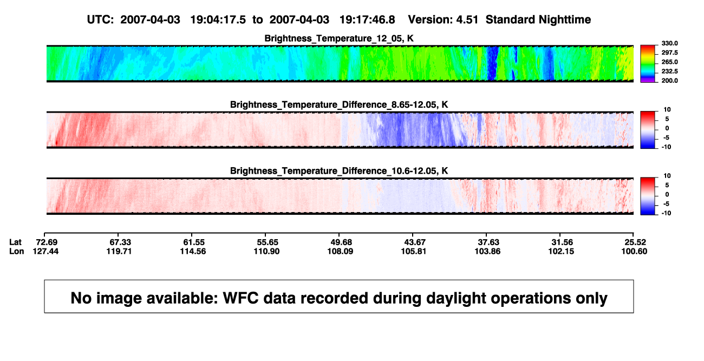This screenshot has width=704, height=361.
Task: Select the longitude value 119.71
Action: pyautogui.click(x=119, y=251)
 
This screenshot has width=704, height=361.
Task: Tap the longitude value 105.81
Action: pyautogui.click(x=413, y=251)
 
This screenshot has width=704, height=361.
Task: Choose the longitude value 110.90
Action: pyautogui.click(x=266, y=251)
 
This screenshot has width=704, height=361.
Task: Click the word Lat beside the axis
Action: pyautogui.click(x=15, y=242)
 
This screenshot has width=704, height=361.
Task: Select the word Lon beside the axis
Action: pyautogui.click(x=16, y=251)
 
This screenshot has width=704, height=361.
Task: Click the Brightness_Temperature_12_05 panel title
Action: pyautogui.click(x=339, y=38)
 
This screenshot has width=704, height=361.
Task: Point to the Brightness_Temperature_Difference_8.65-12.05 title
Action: pyautogui.click(x=339, y=104)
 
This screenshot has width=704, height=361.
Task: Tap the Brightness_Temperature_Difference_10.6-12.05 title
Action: pyautogui.click(x=339, y=171)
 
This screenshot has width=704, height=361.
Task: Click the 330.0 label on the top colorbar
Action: pyautogui.click(x=669, y=43)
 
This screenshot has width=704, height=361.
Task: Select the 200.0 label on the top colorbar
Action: pyautogui.click(x=669, y=81)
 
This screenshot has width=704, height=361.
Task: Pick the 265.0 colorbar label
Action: pyautogui.click(x=669, y=62)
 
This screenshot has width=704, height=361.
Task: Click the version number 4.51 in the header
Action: pyautogui.click(x=467, y=19)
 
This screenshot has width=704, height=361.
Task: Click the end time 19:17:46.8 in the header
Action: pyautogui.click(x=367, y=19)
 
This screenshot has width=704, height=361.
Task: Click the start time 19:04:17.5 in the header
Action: pyautogui.click(x=218, y=19)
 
